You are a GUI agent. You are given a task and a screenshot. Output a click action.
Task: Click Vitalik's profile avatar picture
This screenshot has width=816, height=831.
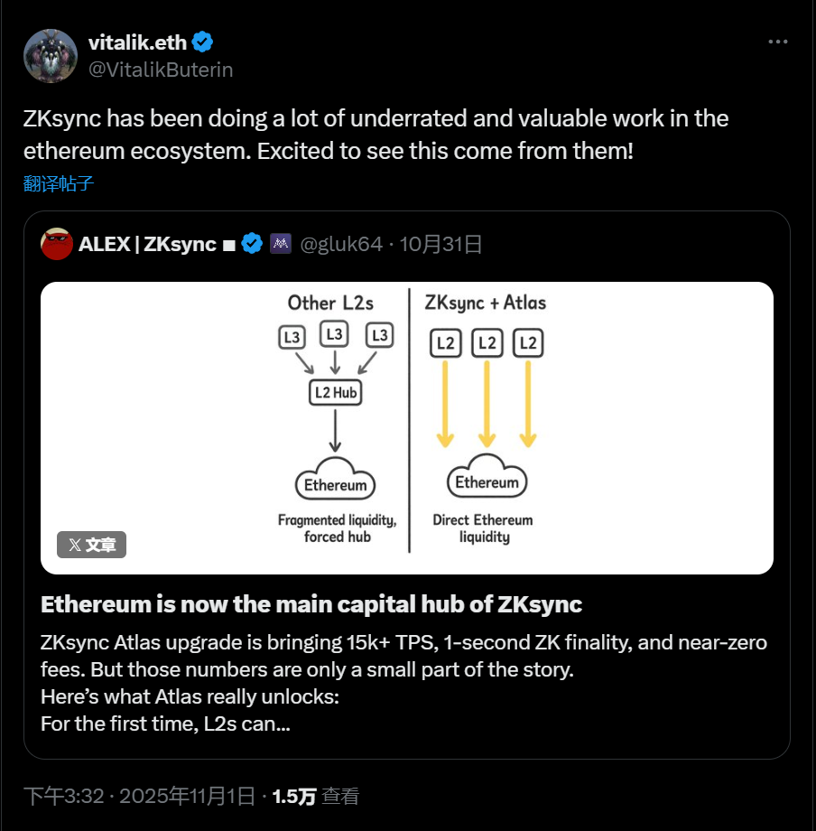51,56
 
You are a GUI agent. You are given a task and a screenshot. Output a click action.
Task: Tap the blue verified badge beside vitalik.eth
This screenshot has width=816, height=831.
203,42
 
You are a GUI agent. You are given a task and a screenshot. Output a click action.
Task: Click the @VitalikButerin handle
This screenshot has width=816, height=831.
161,70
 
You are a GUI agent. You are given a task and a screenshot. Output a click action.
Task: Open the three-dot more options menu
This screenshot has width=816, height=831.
777,42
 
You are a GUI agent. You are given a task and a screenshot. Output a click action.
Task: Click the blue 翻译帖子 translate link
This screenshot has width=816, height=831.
59,184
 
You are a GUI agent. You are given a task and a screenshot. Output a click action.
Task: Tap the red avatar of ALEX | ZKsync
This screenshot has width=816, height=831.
57,244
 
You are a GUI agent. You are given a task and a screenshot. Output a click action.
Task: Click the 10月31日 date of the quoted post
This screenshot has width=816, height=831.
440,244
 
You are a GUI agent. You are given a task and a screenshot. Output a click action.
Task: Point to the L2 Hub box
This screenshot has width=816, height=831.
335,392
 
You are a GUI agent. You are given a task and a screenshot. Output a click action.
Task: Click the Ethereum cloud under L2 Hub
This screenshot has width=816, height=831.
335,484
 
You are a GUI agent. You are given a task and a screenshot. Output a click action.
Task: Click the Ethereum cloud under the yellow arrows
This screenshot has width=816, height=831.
487,481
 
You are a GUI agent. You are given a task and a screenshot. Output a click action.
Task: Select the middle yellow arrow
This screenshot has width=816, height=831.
487,403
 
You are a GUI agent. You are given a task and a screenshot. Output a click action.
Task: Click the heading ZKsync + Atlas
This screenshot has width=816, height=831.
485,303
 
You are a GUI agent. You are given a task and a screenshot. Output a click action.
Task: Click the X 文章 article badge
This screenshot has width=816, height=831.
92,545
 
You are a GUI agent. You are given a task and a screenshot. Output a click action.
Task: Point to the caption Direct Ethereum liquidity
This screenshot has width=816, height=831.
483,528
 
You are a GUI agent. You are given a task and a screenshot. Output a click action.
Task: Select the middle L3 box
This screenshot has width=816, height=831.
335,334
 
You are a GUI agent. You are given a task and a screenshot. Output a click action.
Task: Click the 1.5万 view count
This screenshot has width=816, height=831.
294,796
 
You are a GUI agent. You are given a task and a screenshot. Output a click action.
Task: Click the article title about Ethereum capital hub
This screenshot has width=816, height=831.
311,604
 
